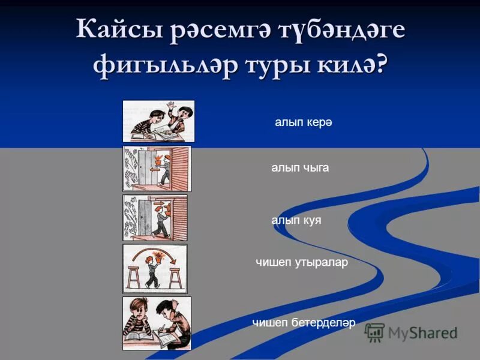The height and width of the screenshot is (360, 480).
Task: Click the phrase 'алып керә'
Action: (x=303, y=122)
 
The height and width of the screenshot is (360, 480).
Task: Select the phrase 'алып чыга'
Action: (x=300, y=168)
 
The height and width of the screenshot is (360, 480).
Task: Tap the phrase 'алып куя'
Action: (x=296, y=220)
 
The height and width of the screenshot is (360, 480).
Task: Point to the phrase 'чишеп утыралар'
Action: (x=302, y=262)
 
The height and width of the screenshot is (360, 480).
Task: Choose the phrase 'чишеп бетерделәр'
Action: (x=304, y=323)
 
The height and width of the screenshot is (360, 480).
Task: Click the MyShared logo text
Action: (x=422, y=332)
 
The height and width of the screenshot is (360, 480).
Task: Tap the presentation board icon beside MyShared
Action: (x=375, y=332)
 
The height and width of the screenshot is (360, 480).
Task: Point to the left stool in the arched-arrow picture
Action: (x=133, y=277)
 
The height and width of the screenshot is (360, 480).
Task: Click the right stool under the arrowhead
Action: (x=175, y=277)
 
